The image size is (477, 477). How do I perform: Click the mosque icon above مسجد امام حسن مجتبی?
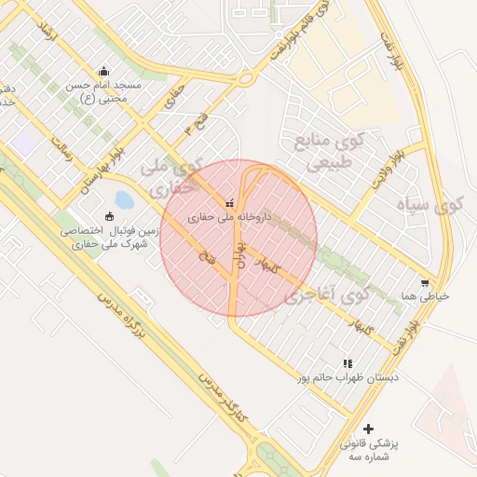click(x=102, y=70)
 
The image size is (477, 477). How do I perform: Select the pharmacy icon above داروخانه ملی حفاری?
click(x=230, y=203)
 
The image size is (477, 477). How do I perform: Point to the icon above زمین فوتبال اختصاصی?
click(x=110, y=216)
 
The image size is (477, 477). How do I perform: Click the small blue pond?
click(x=124, y=199)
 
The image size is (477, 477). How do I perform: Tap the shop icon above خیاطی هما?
click(x=425, y=283)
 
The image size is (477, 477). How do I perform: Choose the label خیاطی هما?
click(x=425, y=296)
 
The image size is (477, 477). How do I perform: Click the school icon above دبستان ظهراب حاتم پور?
click(x=348, y=363)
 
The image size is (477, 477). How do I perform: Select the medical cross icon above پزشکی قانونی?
click(x=369, y=429)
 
